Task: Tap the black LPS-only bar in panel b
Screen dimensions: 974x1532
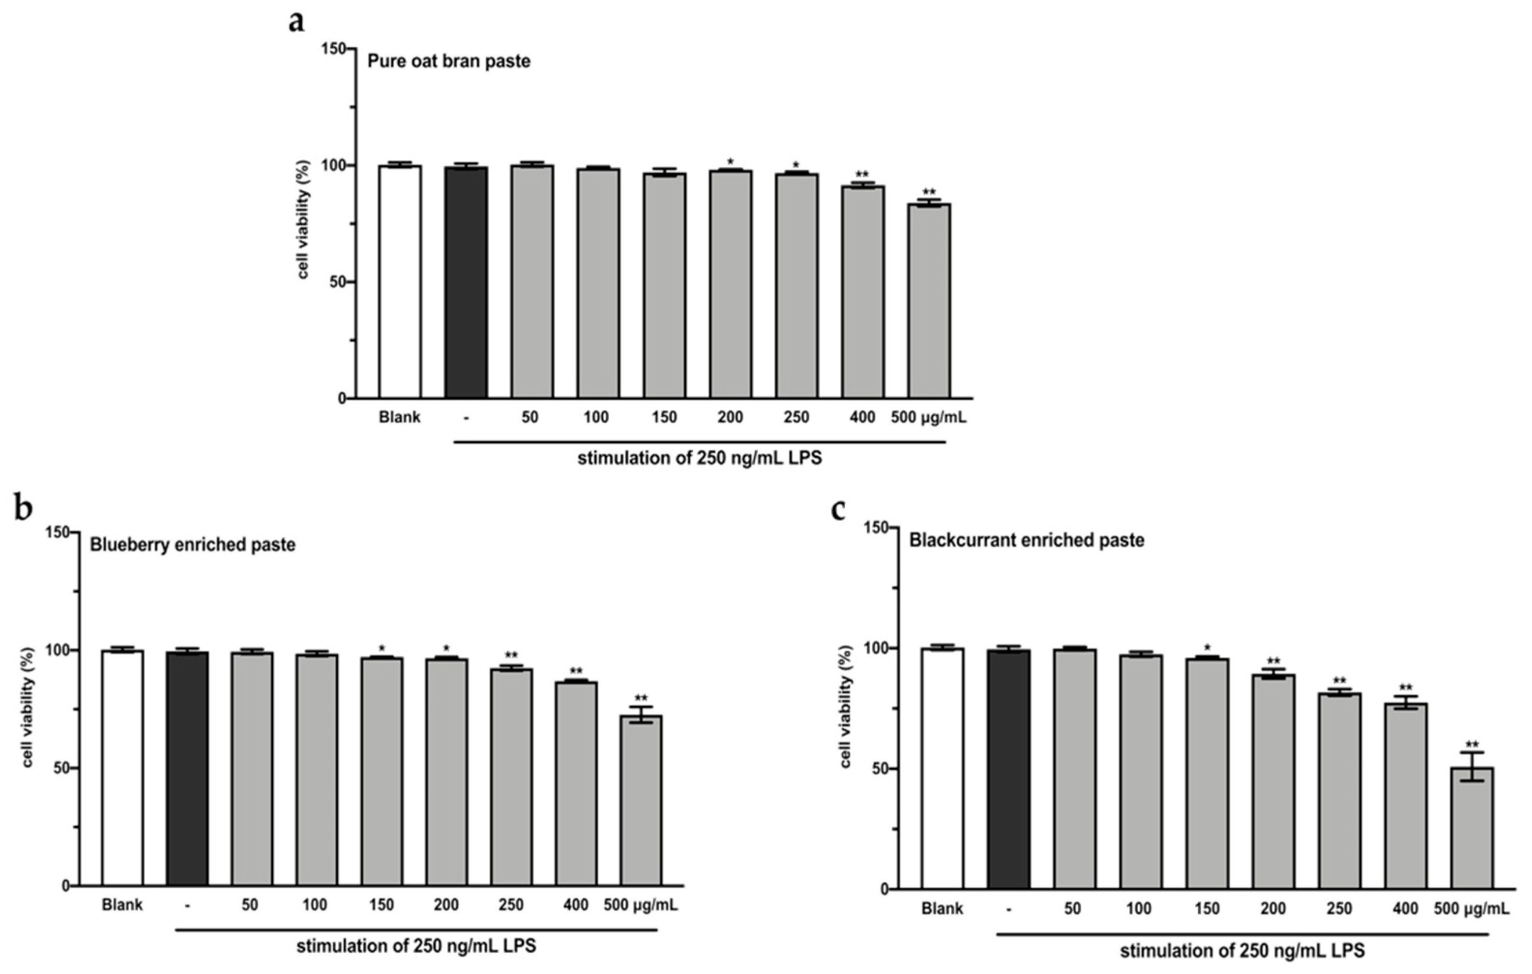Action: coord(187,768)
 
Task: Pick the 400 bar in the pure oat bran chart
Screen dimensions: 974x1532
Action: coord(863,292)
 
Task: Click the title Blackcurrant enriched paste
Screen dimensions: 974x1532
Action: coord(1026,540)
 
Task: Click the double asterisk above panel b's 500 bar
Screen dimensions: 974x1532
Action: coord(641,698)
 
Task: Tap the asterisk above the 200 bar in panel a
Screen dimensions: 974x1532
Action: coord(730,162)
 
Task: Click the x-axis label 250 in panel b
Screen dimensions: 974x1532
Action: coord(511,905)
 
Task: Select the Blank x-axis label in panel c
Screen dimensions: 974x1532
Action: coord(942,908)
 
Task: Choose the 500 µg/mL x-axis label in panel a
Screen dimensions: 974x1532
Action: coord(928,418)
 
